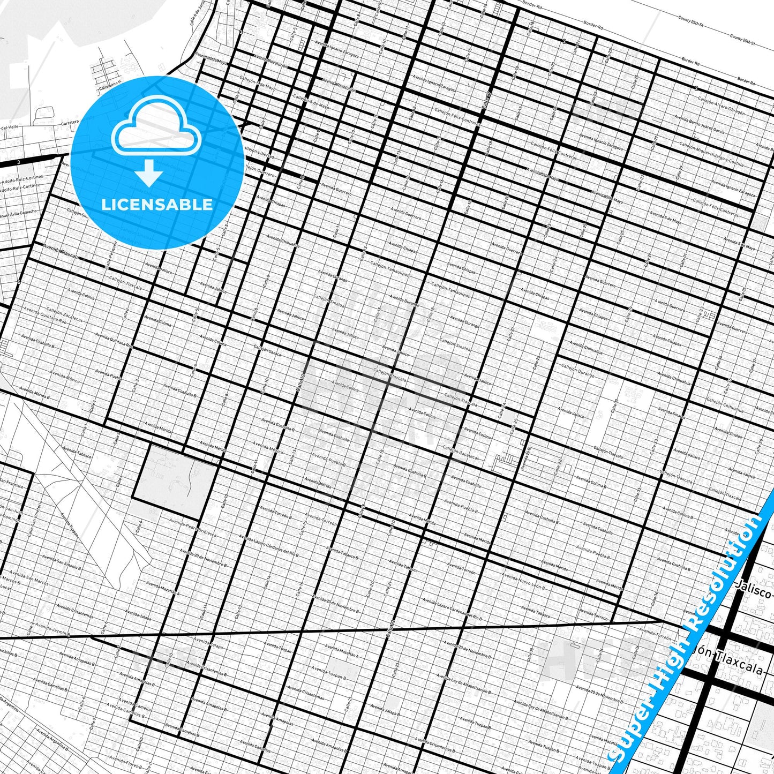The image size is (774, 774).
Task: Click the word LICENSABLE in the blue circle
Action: [157, 205]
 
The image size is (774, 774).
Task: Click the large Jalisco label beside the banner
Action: [753, 592]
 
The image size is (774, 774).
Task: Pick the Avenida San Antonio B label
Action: [62, 562]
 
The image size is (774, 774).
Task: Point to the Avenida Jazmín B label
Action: [51, 629]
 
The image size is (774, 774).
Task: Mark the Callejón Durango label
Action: [578, 371]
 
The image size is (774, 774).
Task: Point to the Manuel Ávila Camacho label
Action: [19, 214]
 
